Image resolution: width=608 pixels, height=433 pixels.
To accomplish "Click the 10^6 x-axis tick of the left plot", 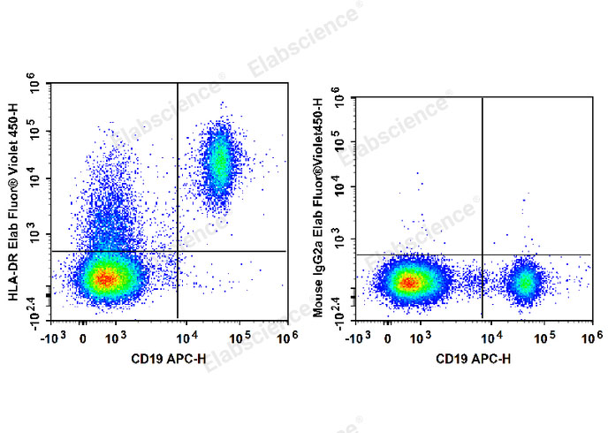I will (284, 337).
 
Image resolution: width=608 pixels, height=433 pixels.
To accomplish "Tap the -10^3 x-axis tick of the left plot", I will (55, 337).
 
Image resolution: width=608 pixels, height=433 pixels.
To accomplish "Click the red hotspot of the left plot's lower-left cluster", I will (105, 279).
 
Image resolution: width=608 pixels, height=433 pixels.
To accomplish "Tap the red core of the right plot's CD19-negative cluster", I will (408, 283).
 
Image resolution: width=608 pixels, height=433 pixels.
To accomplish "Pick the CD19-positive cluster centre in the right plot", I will (525, 283).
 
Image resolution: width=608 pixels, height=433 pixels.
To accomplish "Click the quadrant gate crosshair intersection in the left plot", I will (178, 251).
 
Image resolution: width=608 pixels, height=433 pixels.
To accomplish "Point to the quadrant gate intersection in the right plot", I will (483, 254).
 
